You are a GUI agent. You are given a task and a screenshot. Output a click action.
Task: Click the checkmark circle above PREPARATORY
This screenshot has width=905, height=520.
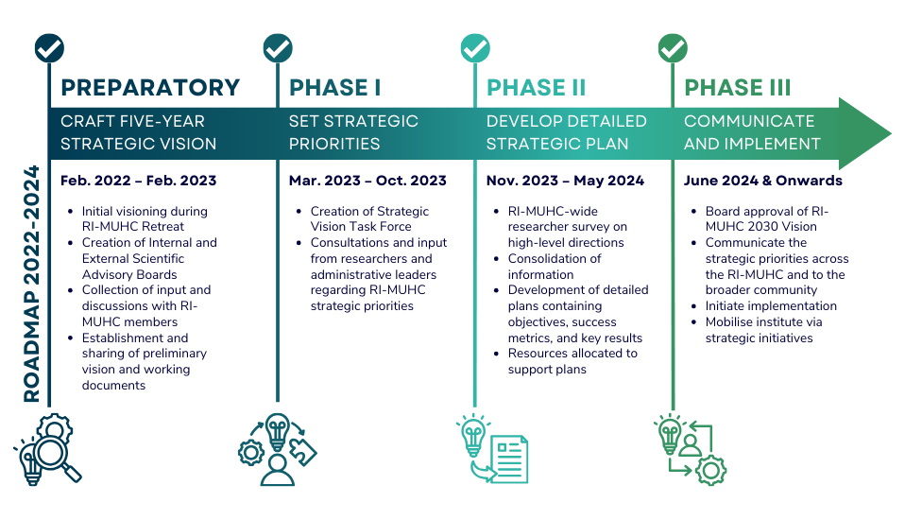pos(49,48)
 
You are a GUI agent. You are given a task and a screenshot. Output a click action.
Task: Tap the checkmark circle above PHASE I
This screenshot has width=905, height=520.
pos(278,48)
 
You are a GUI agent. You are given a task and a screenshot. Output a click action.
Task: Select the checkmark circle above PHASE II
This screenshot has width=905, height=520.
pos(475,48)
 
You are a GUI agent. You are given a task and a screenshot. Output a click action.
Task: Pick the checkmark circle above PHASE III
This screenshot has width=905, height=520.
pos(673,48)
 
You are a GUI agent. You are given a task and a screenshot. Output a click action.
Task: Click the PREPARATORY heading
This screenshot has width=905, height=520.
pos(150,88)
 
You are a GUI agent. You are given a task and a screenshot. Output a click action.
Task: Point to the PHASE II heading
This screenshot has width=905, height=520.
pos(537,88)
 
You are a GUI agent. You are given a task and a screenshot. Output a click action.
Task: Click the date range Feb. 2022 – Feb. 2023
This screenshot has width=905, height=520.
pos(139,181)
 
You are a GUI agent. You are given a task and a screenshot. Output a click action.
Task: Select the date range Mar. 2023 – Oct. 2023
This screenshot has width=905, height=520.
pos(367,181)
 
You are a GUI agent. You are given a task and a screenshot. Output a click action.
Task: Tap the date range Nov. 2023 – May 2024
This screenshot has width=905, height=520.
pos(565,181)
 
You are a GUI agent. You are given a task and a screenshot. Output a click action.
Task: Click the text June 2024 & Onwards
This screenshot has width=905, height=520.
pos(763,181)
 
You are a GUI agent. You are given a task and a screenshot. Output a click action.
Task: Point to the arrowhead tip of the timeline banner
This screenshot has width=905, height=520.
pos(892,133)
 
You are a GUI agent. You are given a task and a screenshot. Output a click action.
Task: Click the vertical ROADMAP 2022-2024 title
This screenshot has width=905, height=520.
pos(31,284)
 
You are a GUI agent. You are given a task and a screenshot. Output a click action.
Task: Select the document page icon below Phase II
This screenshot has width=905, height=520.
pos(509,459)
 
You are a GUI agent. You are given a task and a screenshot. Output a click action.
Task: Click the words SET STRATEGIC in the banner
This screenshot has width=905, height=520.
pos(353,121)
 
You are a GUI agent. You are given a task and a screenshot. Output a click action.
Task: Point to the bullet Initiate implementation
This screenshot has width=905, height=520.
pos(771,306)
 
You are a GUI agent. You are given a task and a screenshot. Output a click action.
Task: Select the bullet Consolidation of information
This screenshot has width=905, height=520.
pos(555,267)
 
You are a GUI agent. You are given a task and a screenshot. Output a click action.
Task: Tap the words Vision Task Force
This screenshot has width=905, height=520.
pos(361,227)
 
